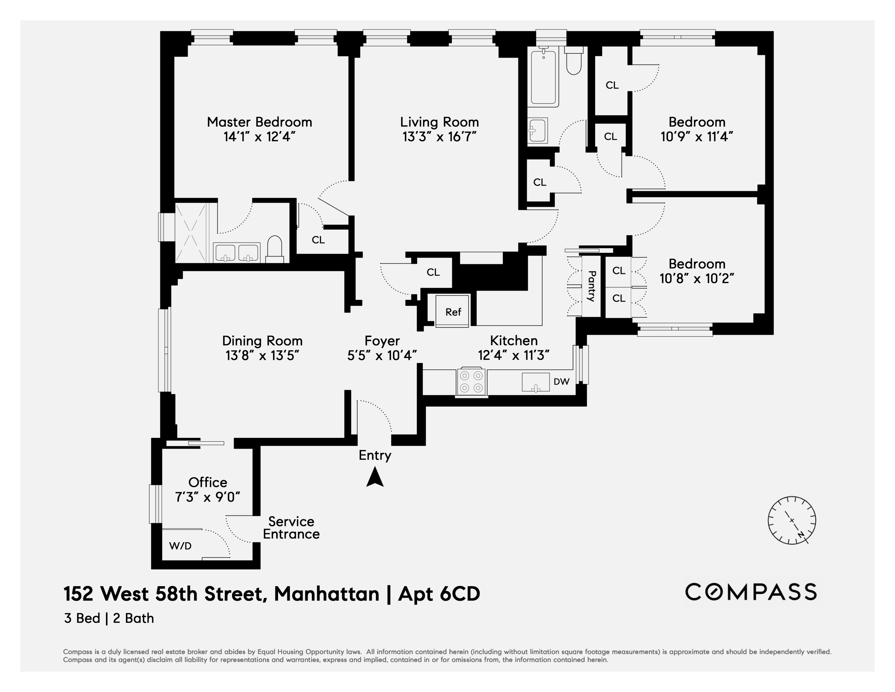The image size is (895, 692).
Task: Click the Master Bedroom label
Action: [x=259, y=122]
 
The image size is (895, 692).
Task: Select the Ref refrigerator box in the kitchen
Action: [x=453, y=311]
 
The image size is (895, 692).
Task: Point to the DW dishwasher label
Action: [x=561, y=381]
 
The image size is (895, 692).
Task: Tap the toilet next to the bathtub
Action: [x=573, y=62]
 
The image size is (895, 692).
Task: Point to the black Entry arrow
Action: [x=374, y=478]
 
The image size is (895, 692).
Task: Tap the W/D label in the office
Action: [x=180, y=546]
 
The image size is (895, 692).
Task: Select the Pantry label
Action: [x=591, y=286]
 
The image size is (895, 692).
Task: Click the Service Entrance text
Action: [x=291, y=528]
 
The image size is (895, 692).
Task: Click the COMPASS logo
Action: [x=751, y=592]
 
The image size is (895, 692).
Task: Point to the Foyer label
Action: [x=382, y=341]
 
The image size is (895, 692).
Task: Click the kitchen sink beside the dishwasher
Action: [x=535, y=382]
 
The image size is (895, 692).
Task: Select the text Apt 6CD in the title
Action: [x=439, y=594]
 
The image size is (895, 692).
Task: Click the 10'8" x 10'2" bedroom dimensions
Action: [x=696, y=279]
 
